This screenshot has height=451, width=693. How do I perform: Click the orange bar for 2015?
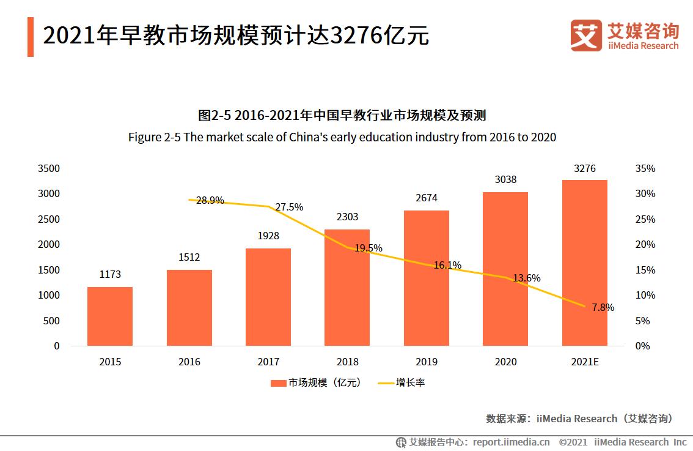[110, 316]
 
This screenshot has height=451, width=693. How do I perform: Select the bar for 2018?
[347, 288]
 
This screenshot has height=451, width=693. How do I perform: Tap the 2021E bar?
[585, 263]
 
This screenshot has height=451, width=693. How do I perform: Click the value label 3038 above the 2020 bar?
[505, 179]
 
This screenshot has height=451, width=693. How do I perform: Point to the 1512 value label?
[189, 257]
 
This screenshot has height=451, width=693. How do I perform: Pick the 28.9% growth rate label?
[210, 200]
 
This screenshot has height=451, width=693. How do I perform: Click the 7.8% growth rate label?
[603, 307]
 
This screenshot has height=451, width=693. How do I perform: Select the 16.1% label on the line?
[447, 265]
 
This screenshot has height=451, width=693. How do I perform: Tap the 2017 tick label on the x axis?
[268, 362]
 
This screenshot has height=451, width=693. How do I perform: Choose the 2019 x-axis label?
[427, 362]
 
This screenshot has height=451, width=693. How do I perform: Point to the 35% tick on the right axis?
[645, 168]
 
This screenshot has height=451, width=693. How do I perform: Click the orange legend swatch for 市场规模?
[278, 383]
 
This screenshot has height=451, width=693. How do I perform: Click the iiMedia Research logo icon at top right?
[585, 35]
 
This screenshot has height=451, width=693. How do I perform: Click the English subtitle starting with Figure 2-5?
[342, 136]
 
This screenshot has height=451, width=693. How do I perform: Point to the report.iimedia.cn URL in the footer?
[511, 442]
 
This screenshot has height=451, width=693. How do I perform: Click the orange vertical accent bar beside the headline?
[31, 37]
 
